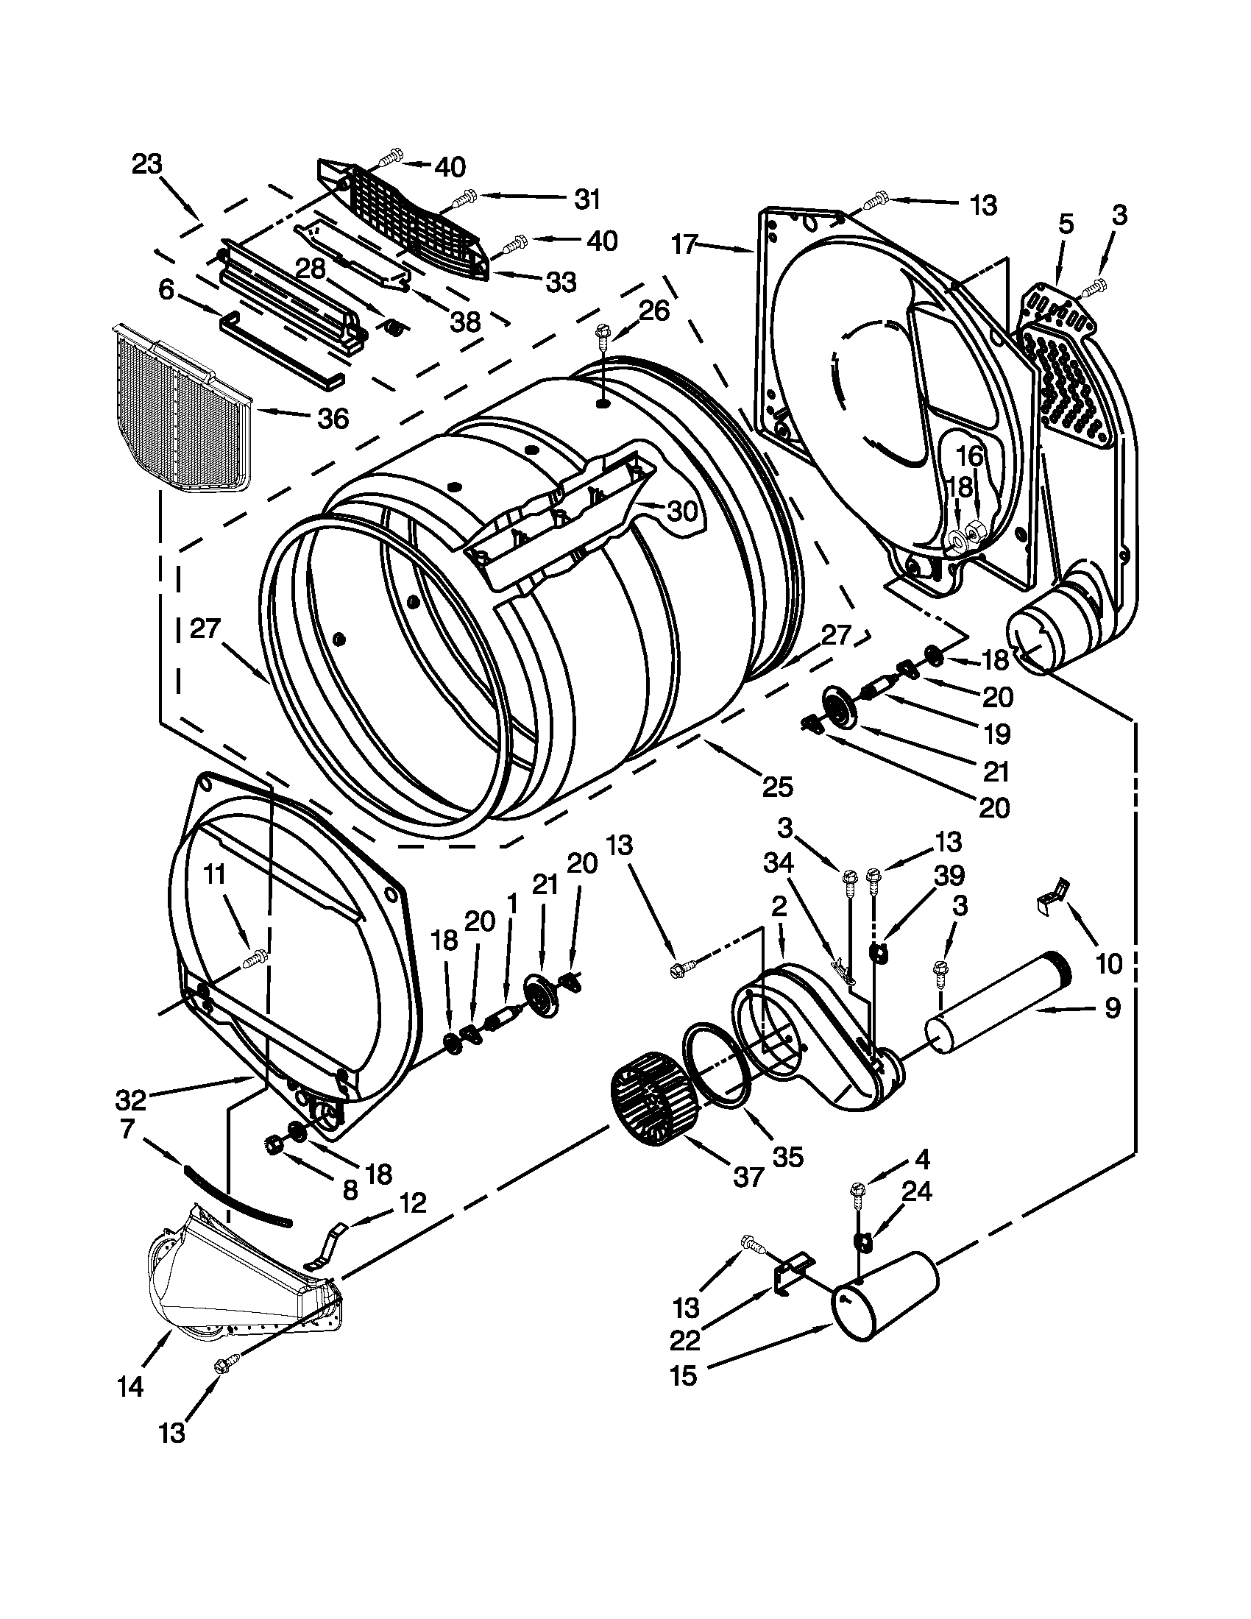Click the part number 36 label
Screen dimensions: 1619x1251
(x=333, y=419)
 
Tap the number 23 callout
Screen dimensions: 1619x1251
(x=147, y=164)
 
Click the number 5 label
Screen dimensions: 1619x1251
(x=1066, y=223)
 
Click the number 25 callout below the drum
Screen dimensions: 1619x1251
(x=777, y=785)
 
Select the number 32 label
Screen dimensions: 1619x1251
(x=131, y=1099)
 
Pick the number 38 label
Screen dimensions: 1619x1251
(x=465, y=321)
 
